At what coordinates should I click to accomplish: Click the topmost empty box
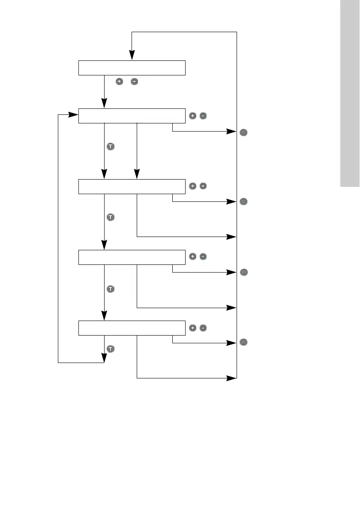[x=132, y=68]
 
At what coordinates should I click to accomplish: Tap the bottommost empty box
[x=132, y=328]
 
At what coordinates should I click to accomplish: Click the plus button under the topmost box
[x=120, y=81]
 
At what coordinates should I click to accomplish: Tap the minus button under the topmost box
[x=134, y=81]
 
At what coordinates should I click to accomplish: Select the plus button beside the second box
[x=192, y=116]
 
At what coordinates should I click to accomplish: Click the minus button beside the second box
[x=203, y=116]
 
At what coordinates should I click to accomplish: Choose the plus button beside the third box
[x=192, y=186]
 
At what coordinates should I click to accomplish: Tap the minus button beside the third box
[x=203, y=186]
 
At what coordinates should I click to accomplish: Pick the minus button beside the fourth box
[x=203, y=257]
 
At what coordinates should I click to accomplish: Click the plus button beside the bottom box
[x=192, y=328]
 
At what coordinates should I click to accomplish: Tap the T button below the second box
[x=110, y=147]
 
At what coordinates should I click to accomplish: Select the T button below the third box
[x=110, y=217]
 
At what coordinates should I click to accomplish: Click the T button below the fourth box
[x=110, y=289]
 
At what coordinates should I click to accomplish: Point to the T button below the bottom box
[x=110, y=349]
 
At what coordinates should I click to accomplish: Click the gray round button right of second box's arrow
[x=243, y=133]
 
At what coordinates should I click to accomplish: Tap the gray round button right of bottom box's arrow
[x=243, y=342]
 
